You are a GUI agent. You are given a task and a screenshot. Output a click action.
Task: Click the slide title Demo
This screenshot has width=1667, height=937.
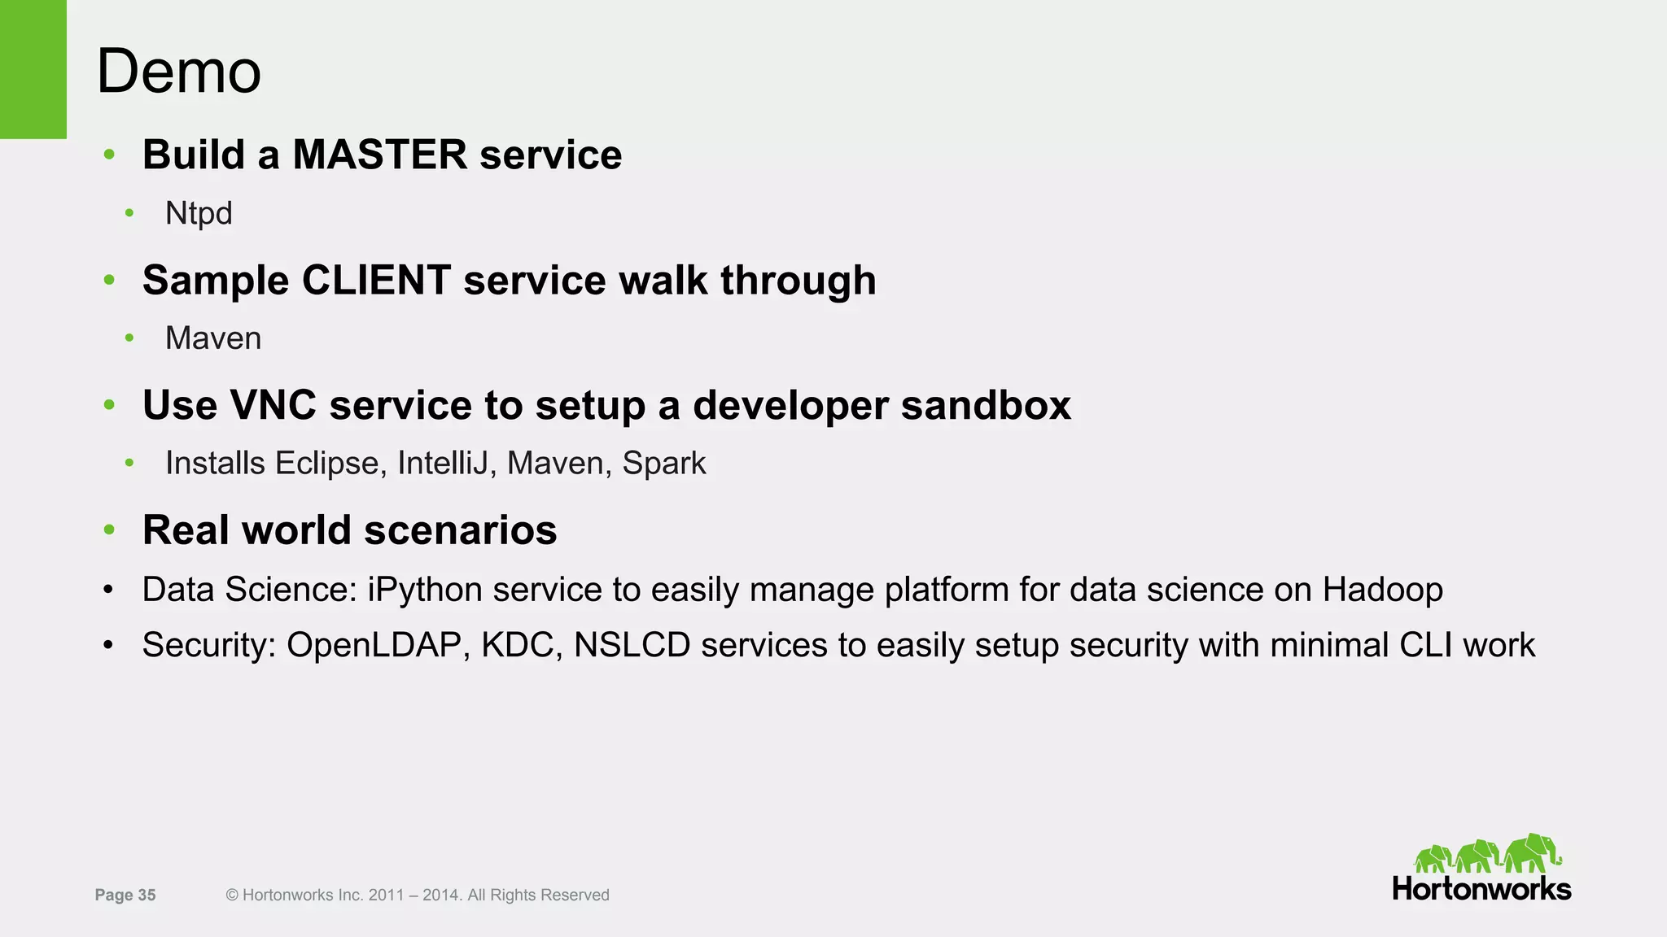(178, 72)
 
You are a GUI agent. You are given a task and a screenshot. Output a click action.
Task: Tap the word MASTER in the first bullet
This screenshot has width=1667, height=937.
(379, 155)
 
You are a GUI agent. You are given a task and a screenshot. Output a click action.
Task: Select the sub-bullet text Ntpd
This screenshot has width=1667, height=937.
(199, 213)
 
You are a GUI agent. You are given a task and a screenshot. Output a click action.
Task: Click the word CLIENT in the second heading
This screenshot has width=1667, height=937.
(376, 281)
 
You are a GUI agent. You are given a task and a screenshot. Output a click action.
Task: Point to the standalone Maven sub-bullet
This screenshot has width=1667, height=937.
(213, 338)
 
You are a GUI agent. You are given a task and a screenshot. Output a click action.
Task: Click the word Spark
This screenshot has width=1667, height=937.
(664, 464)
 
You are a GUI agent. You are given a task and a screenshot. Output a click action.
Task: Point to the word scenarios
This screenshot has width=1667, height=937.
(460, 530)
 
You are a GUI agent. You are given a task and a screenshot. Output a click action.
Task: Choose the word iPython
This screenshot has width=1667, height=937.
(425, 591)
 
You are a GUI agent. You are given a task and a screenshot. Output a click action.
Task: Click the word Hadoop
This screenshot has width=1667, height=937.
(1382, 590)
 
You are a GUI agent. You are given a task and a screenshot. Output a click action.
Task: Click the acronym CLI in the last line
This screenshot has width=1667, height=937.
(1425, 645)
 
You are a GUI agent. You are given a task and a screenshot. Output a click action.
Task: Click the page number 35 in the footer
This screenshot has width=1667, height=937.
(147, 896)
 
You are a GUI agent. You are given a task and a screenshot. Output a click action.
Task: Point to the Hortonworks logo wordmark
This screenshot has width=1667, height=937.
(1481, 889)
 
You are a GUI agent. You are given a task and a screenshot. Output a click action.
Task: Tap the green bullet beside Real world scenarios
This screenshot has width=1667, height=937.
(110, 530)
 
